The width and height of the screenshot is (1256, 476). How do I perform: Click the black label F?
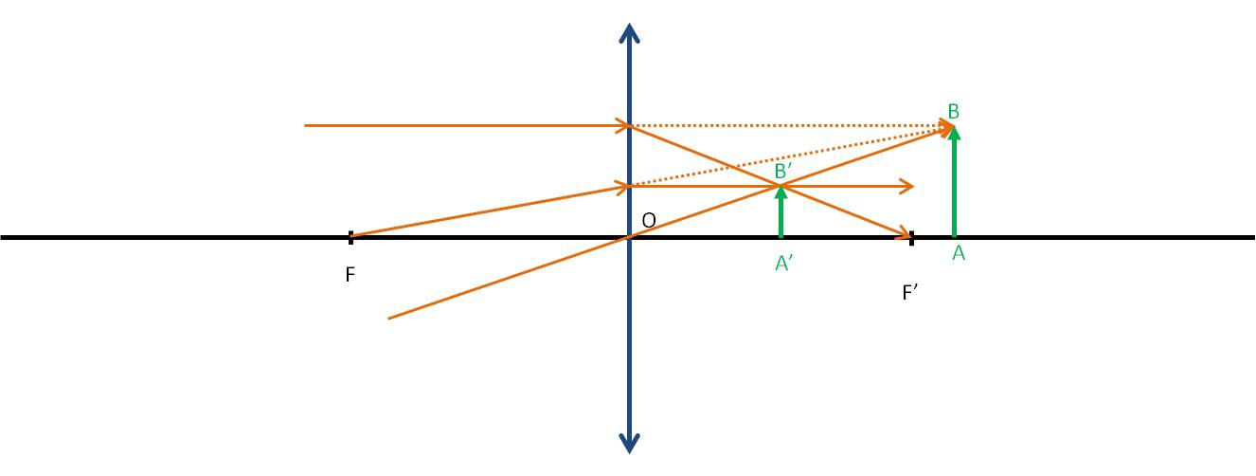(350, 274)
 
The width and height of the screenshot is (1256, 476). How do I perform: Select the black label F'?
(910, 292)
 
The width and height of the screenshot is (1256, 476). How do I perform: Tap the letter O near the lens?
(649, 221)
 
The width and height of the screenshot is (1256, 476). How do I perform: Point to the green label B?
(953, 112)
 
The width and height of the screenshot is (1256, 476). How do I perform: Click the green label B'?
(782, 171)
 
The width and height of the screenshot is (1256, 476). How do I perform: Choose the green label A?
(959, 253)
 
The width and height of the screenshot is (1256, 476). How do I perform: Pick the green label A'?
(783, 263)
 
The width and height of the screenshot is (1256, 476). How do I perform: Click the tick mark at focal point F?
(351, 237)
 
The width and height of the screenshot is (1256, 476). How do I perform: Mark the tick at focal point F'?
(912, 238)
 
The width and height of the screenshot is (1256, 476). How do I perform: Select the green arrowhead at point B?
(955, 133)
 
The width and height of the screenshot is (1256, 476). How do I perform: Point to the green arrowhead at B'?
(781, 192)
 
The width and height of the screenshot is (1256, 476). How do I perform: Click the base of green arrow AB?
(955, 236)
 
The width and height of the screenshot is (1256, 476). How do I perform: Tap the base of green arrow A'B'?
(781, 236)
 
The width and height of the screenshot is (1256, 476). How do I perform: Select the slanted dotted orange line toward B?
(791, 157)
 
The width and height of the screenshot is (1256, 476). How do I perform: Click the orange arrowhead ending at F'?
(904, 233)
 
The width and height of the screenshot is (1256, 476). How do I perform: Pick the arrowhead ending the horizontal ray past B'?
(907, 187)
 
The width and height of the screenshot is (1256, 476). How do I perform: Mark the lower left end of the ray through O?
(389, 319)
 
